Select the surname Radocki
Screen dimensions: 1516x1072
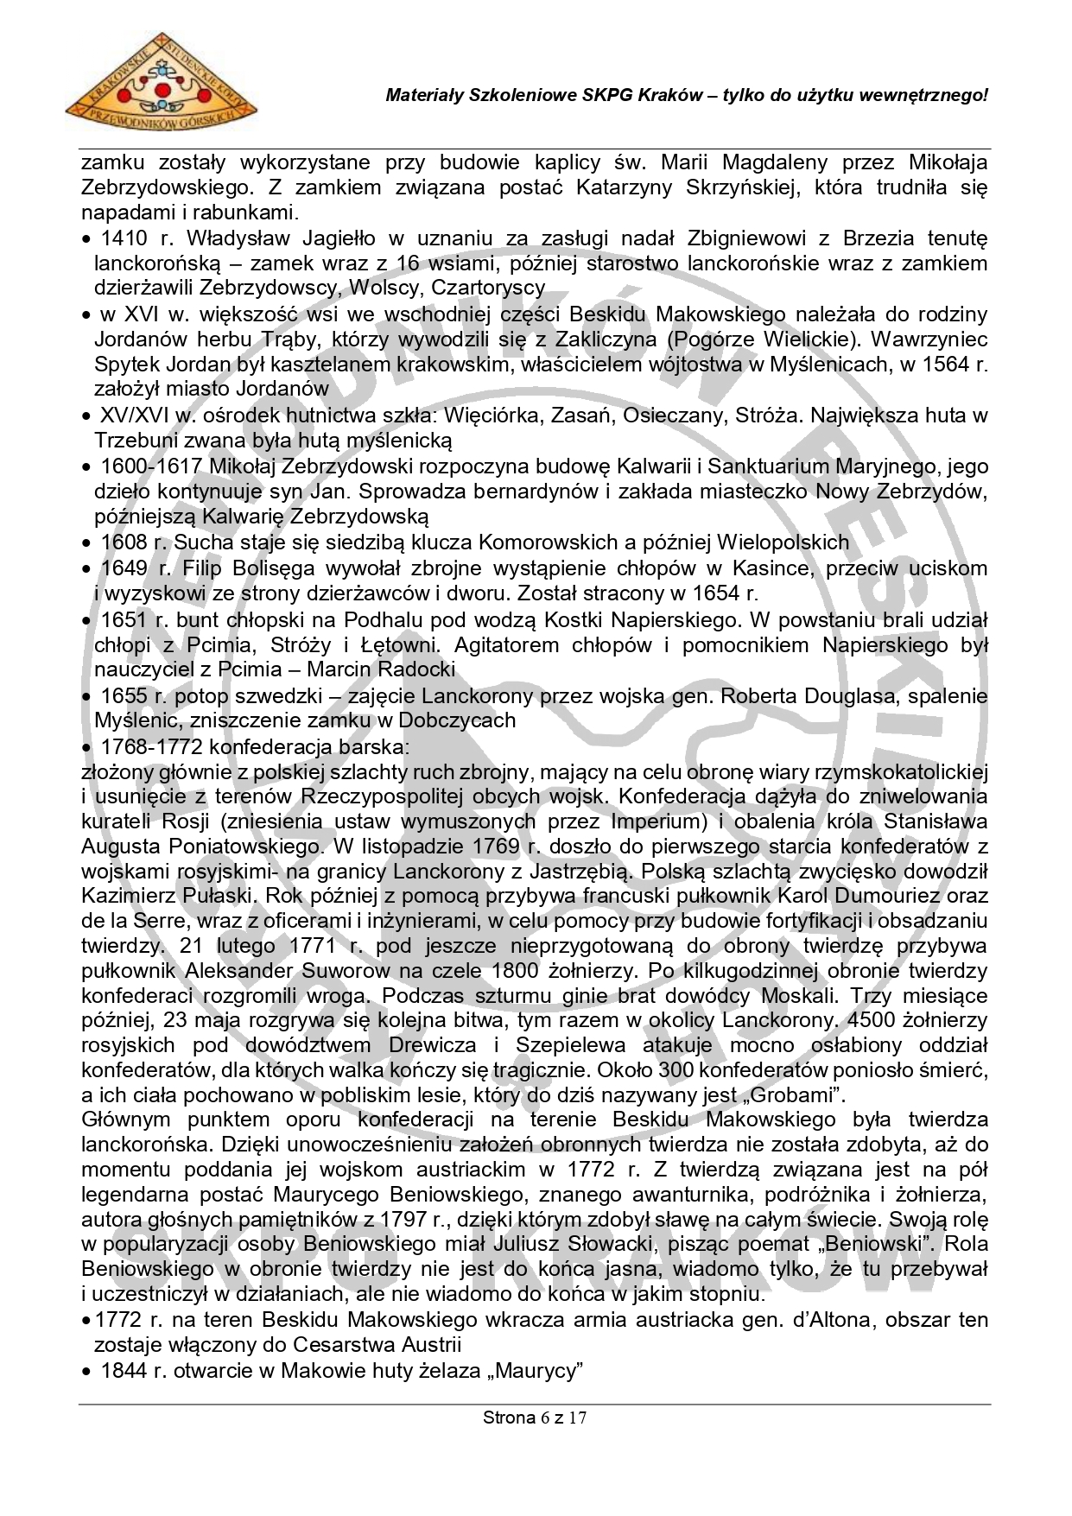[x=410, y=669]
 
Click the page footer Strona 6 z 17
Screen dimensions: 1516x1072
[x=535, y=1418]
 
